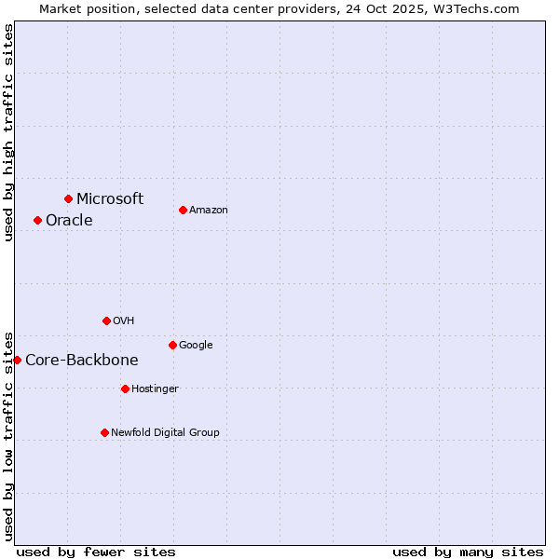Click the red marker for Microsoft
pyautogui.click(x=68, y=198)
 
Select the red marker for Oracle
pyautogui.click(x=37, y=220)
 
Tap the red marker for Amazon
pyautogui.click(x=183, y=210)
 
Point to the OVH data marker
pyautogui.click(x=106, y=320)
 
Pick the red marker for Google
pyautogui.click(x=172, y=345)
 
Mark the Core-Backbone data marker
pyautogui.click(x=17, y=360)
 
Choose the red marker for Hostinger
pyautogui.click(x=125, y=389)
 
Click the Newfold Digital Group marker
pyautogui.click(x=104, y=432)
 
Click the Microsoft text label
pyautogui.click(x=110, y=198)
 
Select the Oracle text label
pyautogui.click(x=69, y=221)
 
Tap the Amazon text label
pyautogui.click(x=209, y=211)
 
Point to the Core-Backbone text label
pyautogui.click(x=82, y=361)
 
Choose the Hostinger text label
pyautogui.click(x=155, y=389)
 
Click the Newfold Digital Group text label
pyautogui.click(x=165, y=432)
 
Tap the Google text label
pyautogui.click(x=196, y=346)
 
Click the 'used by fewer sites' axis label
pyautogui.click(x=96, y=552)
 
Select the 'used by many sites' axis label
pyautogui.click(x=468, y=552)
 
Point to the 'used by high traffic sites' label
pyautogui.click(x=8, y=132)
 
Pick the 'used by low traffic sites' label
pyautogui.click(x=8, y=435)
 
